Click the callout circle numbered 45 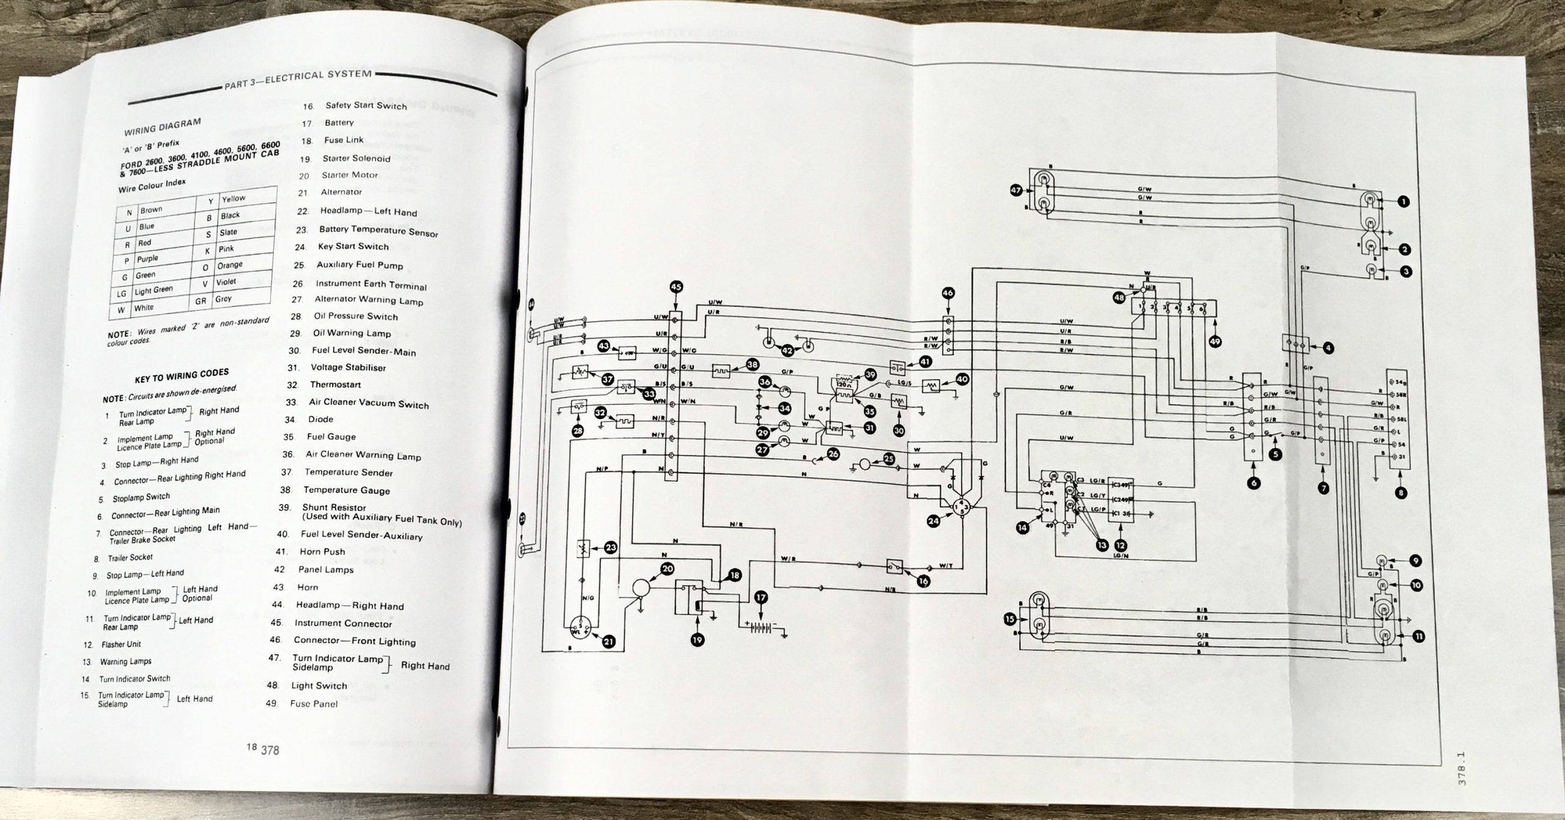[676, 287]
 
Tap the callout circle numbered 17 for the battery [760, 599]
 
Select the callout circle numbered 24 [933, 539]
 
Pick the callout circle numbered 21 [609, 641]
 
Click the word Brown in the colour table [151, 210]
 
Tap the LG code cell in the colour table [122, 294]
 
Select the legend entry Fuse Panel [314, 703]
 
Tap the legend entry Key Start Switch [353, 246]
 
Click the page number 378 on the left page [270, 750]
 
